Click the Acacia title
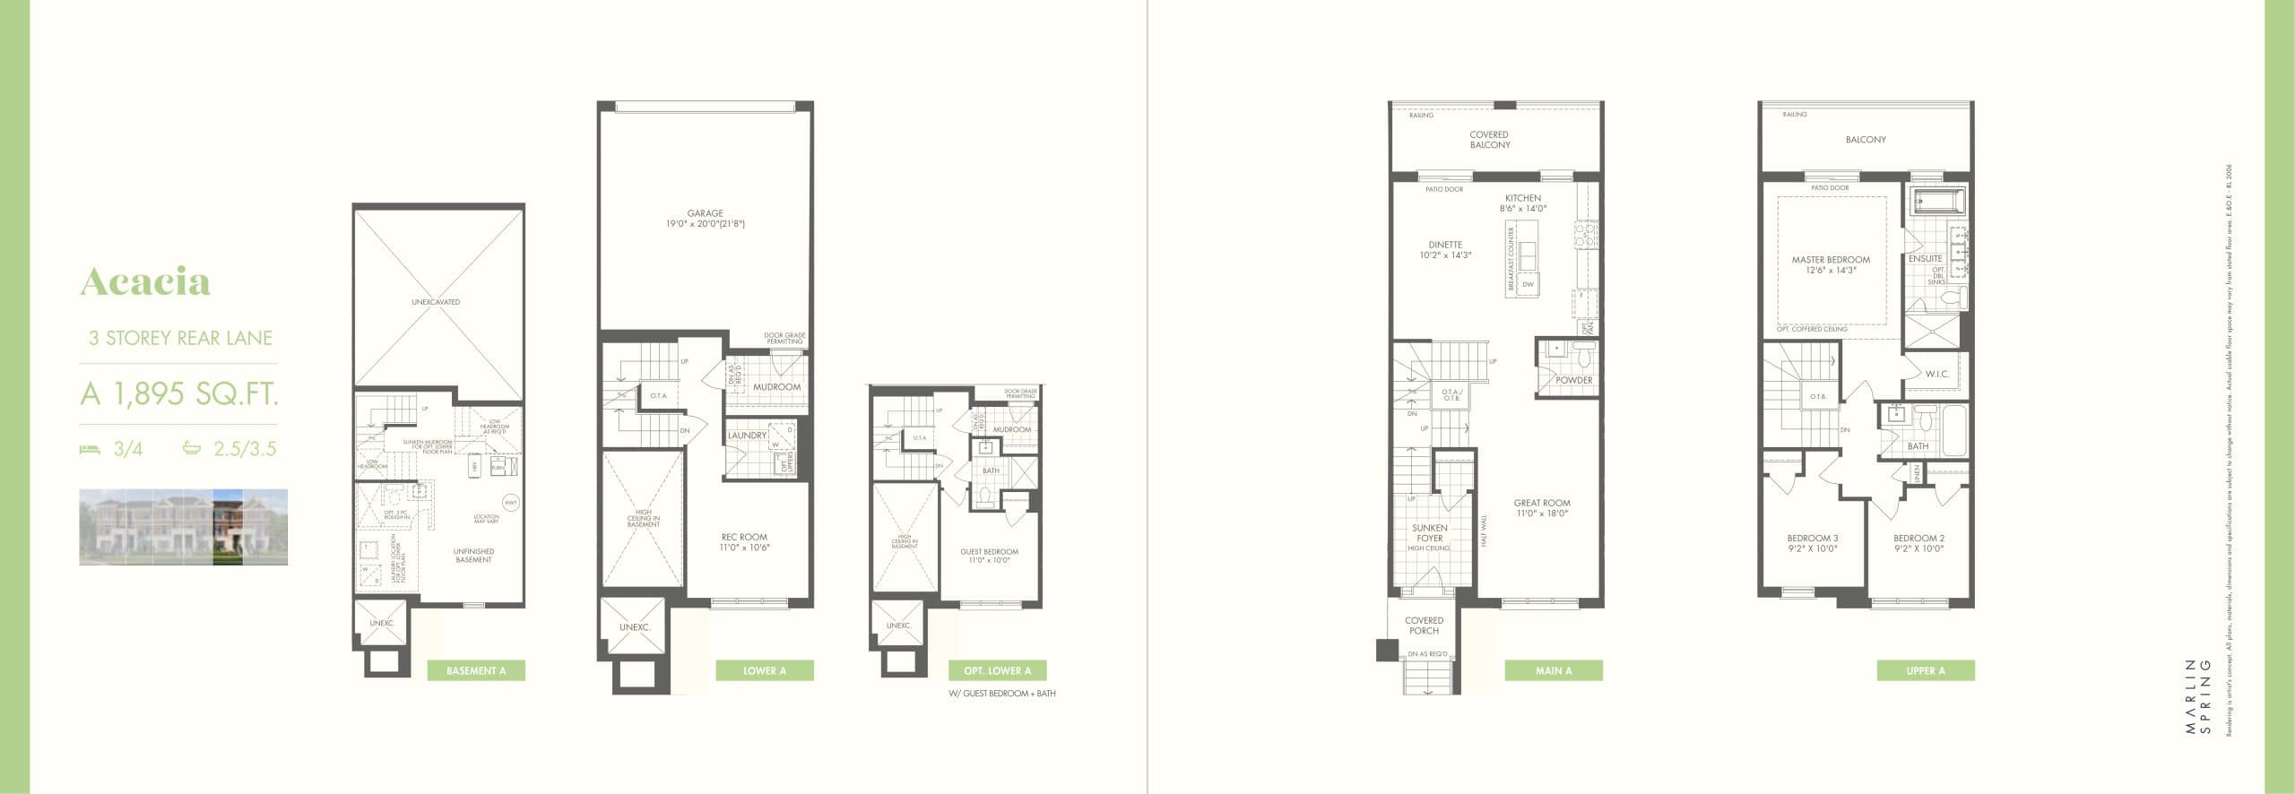click(145, 281)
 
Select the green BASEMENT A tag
click(476, 670)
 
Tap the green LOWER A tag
click(765, 670)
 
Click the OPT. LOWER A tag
click(997, 670)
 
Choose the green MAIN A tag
click(1553, 670)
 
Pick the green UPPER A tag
click(1926, 670)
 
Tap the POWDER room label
click(1574, 380)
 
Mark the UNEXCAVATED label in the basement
click(436, 302)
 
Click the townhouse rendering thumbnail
click(183, 527)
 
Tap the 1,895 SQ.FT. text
click(179, 393)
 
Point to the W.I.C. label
click(1936, 374)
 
